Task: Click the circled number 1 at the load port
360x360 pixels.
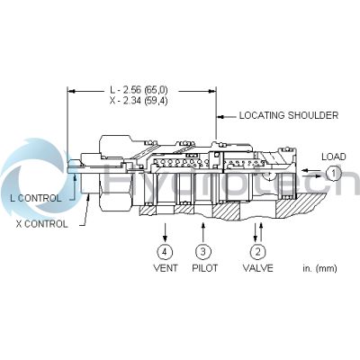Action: coord(333,172)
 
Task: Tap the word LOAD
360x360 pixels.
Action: coord(333,156)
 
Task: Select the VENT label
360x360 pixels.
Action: coord(164,267)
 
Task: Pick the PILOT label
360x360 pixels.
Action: coord(203,267)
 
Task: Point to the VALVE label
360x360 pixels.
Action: coord(257,267)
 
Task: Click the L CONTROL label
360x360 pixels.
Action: coord(36,197)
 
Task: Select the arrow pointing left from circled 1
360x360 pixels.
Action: coord(309,172)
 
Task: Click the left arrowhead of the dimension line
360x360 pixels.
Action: coord(73,91)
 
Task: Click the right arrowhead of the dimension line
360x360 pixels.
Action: coord(211,91)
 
